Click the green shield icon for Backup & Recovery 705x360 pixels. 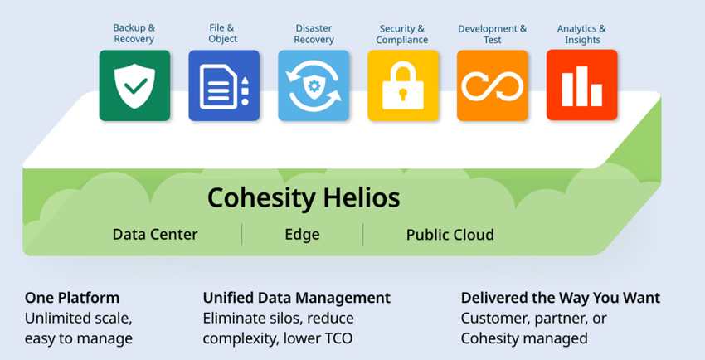pos(134,85)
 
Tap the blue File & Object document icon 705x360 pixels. pos(224,85)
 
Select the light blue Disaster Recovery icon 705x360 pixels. pos(314,85)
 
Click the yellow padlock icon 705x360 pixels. pos(403,85)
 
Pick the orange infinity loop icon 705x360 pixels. pos(493,85)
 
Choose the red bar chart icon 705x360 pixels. pos(581,85)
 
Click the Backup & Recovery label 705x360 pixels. pos(134,33)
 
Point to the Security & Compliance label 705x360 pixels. pos(402,34)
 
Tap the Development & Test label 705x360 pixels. pos(493,34)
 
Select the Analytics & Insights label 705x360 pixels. pos(581,34)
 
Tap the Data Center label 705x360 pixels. pos(155,234)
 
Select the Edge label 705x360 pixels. pos(302,235)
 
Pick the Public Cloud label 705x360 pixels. pos(450,235)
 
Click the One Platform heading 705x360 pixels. pos(72,298)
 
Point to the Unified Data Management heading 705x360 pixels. pos(297,298)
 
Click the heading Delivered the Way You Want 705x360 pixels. pos(561,298)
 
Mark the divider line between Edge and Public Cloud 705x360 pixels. pos(362,235)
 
